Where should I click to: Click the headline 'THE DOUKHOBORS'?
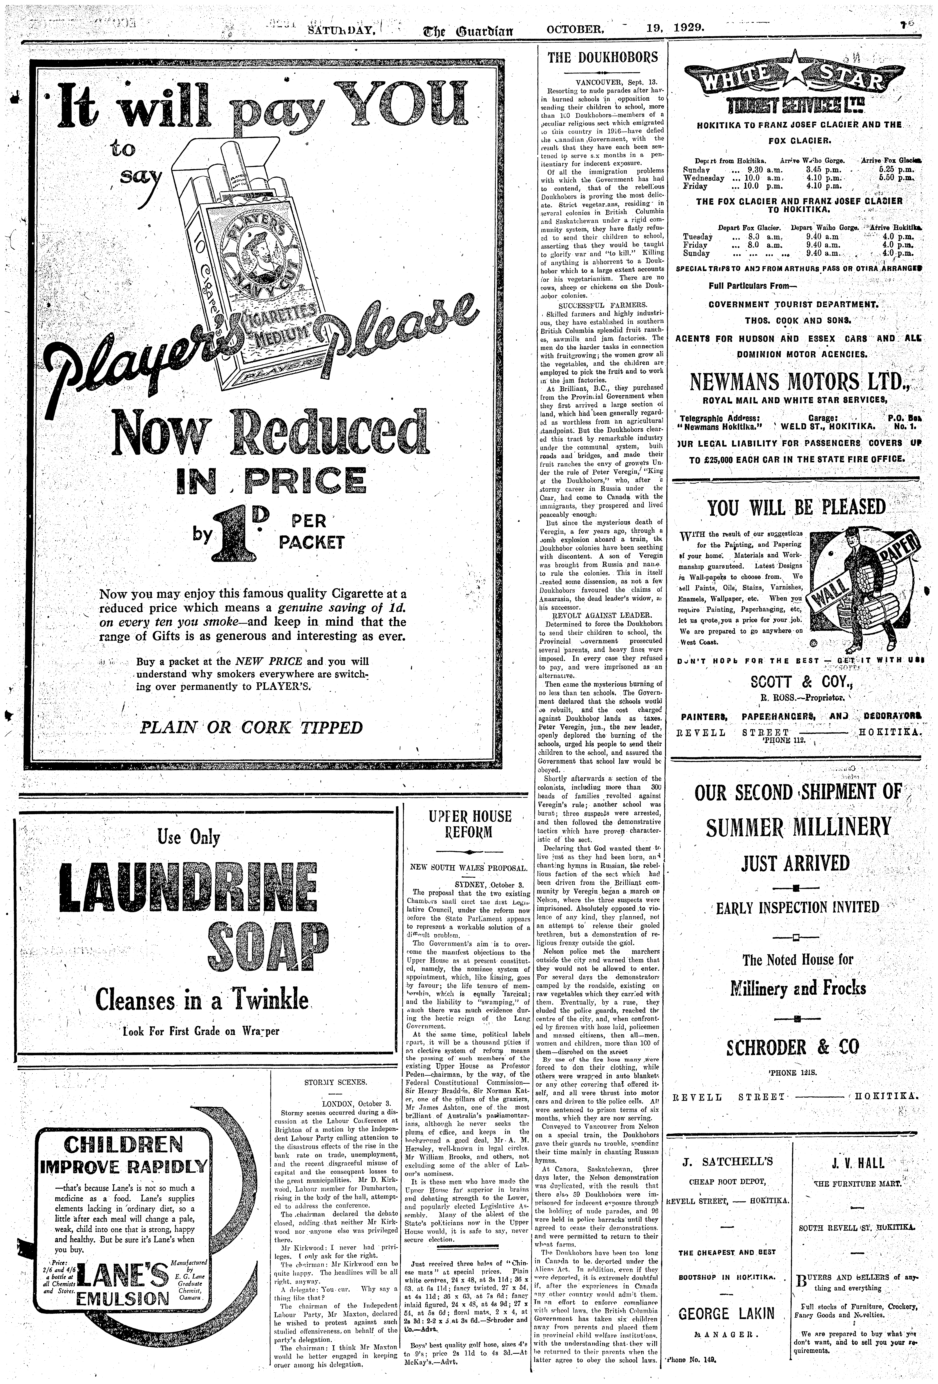click(603, 58)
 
